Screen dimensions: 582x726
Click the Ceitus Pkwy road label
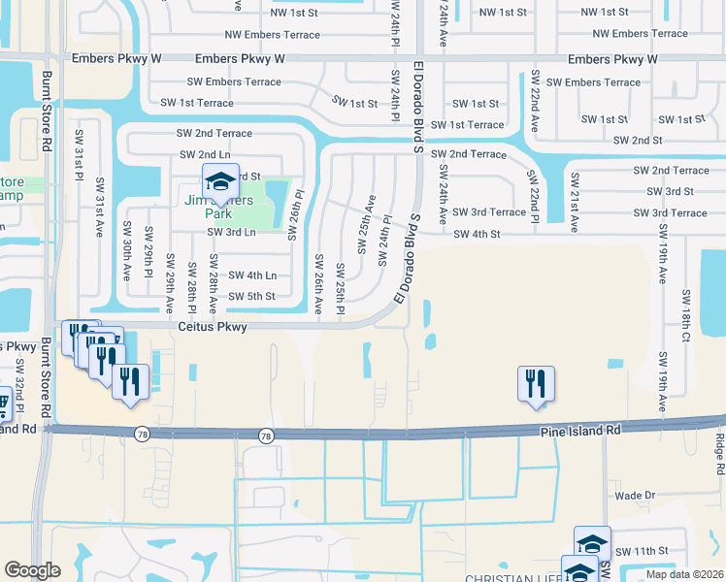coord(212,328)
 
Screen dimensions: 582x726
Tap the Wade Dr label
coord(636,495)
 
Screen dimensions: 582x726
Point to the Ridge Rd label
coord(719,446)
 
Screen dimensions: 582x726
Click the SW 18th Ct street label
coord(685,313)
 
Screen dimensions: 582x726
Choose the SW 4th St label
coord(477,234)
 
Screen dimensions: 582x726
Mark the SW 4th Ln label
coord(252,275)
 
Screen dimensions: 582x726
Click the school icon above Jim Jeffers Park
coord(220,180)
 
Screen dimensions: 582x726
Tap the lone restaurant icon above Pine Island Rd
coord(535,382)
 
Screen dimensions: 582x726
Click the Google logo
coord(32,570)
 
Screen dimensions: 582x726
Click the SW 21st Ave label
coord(574,202)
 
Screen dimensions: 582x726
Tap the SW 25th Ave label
coord(365,223)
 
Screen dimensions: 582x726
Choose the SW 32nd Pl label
coord(19,382)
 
